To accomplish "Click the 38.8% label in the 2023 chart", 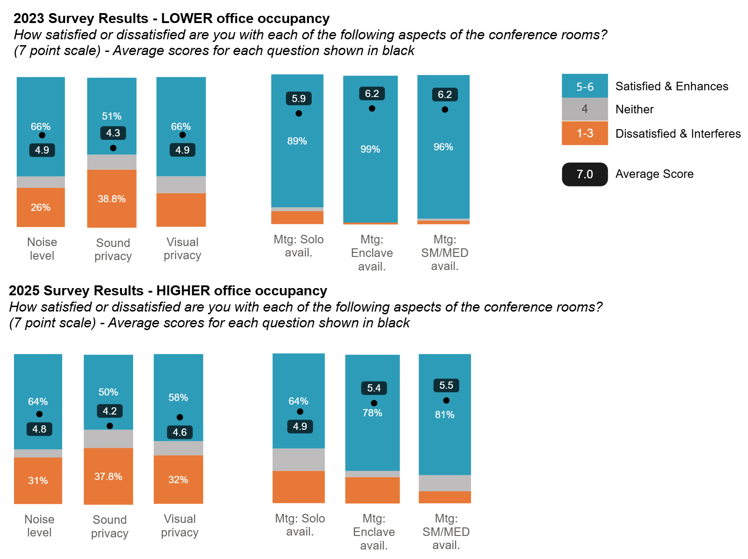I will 111,199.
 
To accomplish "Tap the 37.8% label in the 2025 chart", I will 108,476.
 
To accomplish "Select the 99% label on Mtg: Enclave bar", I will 370,149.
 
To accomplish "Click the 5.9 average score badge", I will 299,98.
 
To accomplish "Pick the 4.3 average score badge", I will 113,133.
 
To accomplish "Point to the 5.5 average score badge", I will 446,385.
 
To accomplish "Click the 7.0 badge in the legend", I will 585,174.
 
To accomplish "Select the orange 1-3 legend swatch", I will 585,133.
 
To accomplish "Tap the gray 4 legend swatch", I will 585,109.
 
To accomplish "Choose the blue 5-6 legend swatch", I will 585,86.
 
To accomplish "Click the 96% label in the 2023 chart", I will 443,147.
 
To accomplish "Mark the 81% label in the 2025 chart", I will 444,415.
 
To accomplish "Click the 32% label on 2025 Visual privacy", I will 178,480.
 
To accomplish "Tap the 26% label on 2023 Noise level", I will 41,207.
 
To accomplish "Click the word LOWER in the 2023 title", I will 187,19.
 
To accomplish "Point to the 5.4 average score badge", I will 374,388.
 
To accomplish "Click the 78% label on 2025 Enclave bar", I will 372,413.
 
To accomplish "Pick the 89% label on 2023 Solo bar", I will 297,141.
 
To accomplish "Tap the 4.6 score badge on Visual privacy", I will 180,432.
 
